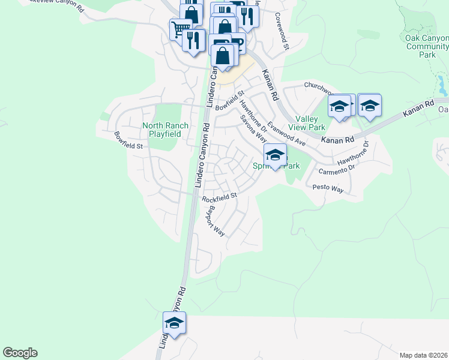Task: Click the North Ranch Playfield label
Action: (x=165, y=130)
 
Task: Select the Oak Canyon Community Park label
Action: (x=427, y=46)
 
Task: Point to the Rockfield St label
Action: (x=220, y=196)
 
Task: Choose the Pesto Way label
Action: (x=328, y=188)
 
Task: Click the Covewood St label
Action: (x=282, y=31)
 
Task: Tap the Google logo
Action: (x=20, y=353)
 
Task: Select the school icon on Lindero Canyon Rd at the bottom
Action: (x=175, y=323)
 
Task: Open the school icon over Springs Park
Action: (x=275, y=155)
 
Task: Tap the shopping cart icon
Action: (x=179, y=28)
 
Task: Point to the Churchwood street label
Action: (x=318, y=88)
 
